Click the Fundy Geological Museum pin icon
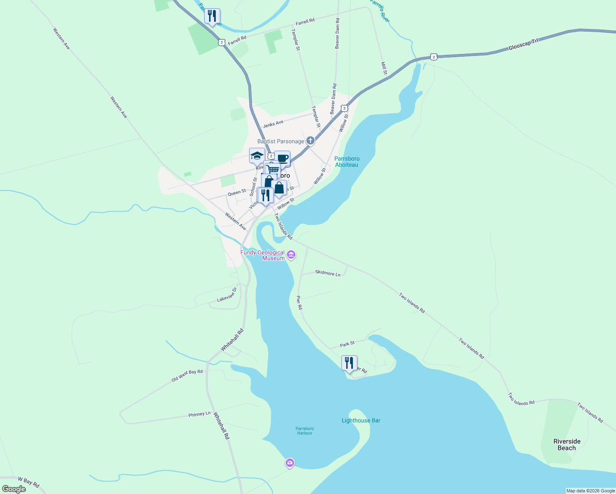point(292,255)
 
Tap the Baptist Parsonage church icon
point(310,141)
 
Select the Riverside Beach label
point(567,445)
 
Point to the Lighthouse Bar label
point(361,420)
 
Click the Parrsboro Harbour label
point(305,431)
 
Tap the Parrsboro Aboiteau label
point(347,162)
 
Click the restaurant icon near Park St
point(349,363)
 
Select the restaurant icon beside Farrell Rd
point(212,16)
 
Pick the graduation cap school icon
point(257,156)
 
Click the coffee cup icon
point(282,158)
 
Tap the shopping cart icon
point(273,169)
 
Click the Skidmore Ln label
point(328,273)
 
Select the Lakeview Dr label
point(227,295)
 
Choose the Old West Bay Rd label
point(187,375)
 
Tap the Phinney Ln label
point(199,414)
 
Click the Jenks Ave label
point(273,123)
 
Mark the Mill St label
point(384,68)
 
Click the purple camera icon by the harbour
point(290,463)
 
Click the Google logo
point(14,489)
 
